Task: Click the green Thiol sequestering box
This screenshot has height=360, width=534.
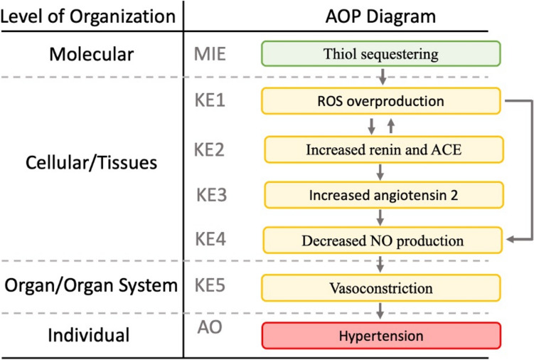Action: [381, 53]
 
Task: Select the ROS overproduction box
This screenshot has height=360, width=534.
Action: [381, 101]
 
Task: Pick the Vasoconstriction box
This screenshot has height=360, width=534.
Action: [381, 289]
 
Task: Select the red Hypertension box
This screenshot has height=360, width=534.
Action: [381, 335]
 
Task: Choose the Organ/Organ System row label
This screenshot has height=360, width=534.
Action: [90, 286]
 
